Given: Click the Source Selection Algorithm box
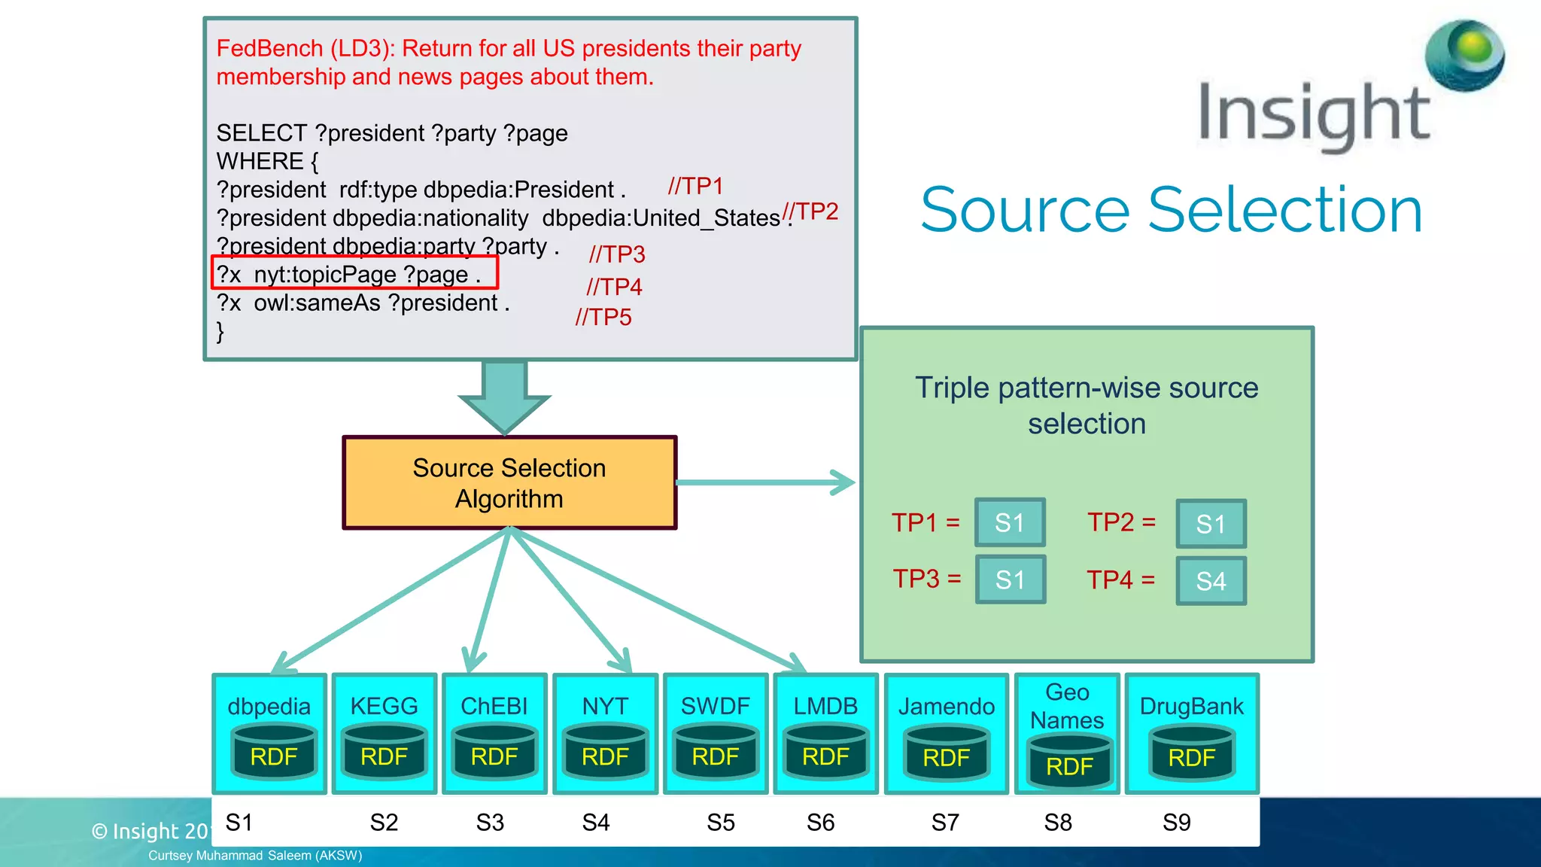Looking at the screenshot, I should [509, 483].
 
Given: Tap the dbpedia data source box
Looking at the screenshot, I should [269, 733].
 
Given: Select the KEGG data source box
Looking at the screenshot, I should [384, 733].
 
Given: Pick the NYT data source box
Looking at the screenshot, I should [605, 733].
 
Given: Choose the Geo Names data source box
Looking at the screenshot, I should [1067, 733].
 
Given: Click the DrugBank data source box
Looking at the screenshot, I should [1192, 733].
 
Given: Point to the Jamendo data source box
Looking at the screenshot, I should [946, 733].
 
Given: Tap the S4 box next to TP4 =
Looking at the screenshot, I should [1211, 580].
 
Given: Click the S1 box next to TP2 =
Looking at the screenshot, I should [1211, 523].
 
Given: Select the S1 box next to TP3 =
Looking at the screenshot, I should [1010, 580].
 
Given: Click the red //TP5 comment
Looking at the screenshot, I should [603, 318].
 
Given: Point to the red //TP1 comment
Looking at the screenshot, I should [695, 186].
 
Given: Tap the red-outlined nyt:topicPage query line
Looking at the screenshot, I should [354, 273].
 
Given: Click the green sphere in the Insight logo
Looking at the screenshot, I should [1464, 54].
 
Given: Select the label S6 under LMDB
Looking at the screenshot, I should [820, 823].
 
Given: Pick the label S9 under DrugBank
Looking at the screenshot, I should [1177, 823].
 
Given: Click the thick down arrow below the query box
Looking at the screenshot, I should [505, 395].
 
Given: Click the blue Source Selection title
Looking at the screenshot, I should [1172, 210].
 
